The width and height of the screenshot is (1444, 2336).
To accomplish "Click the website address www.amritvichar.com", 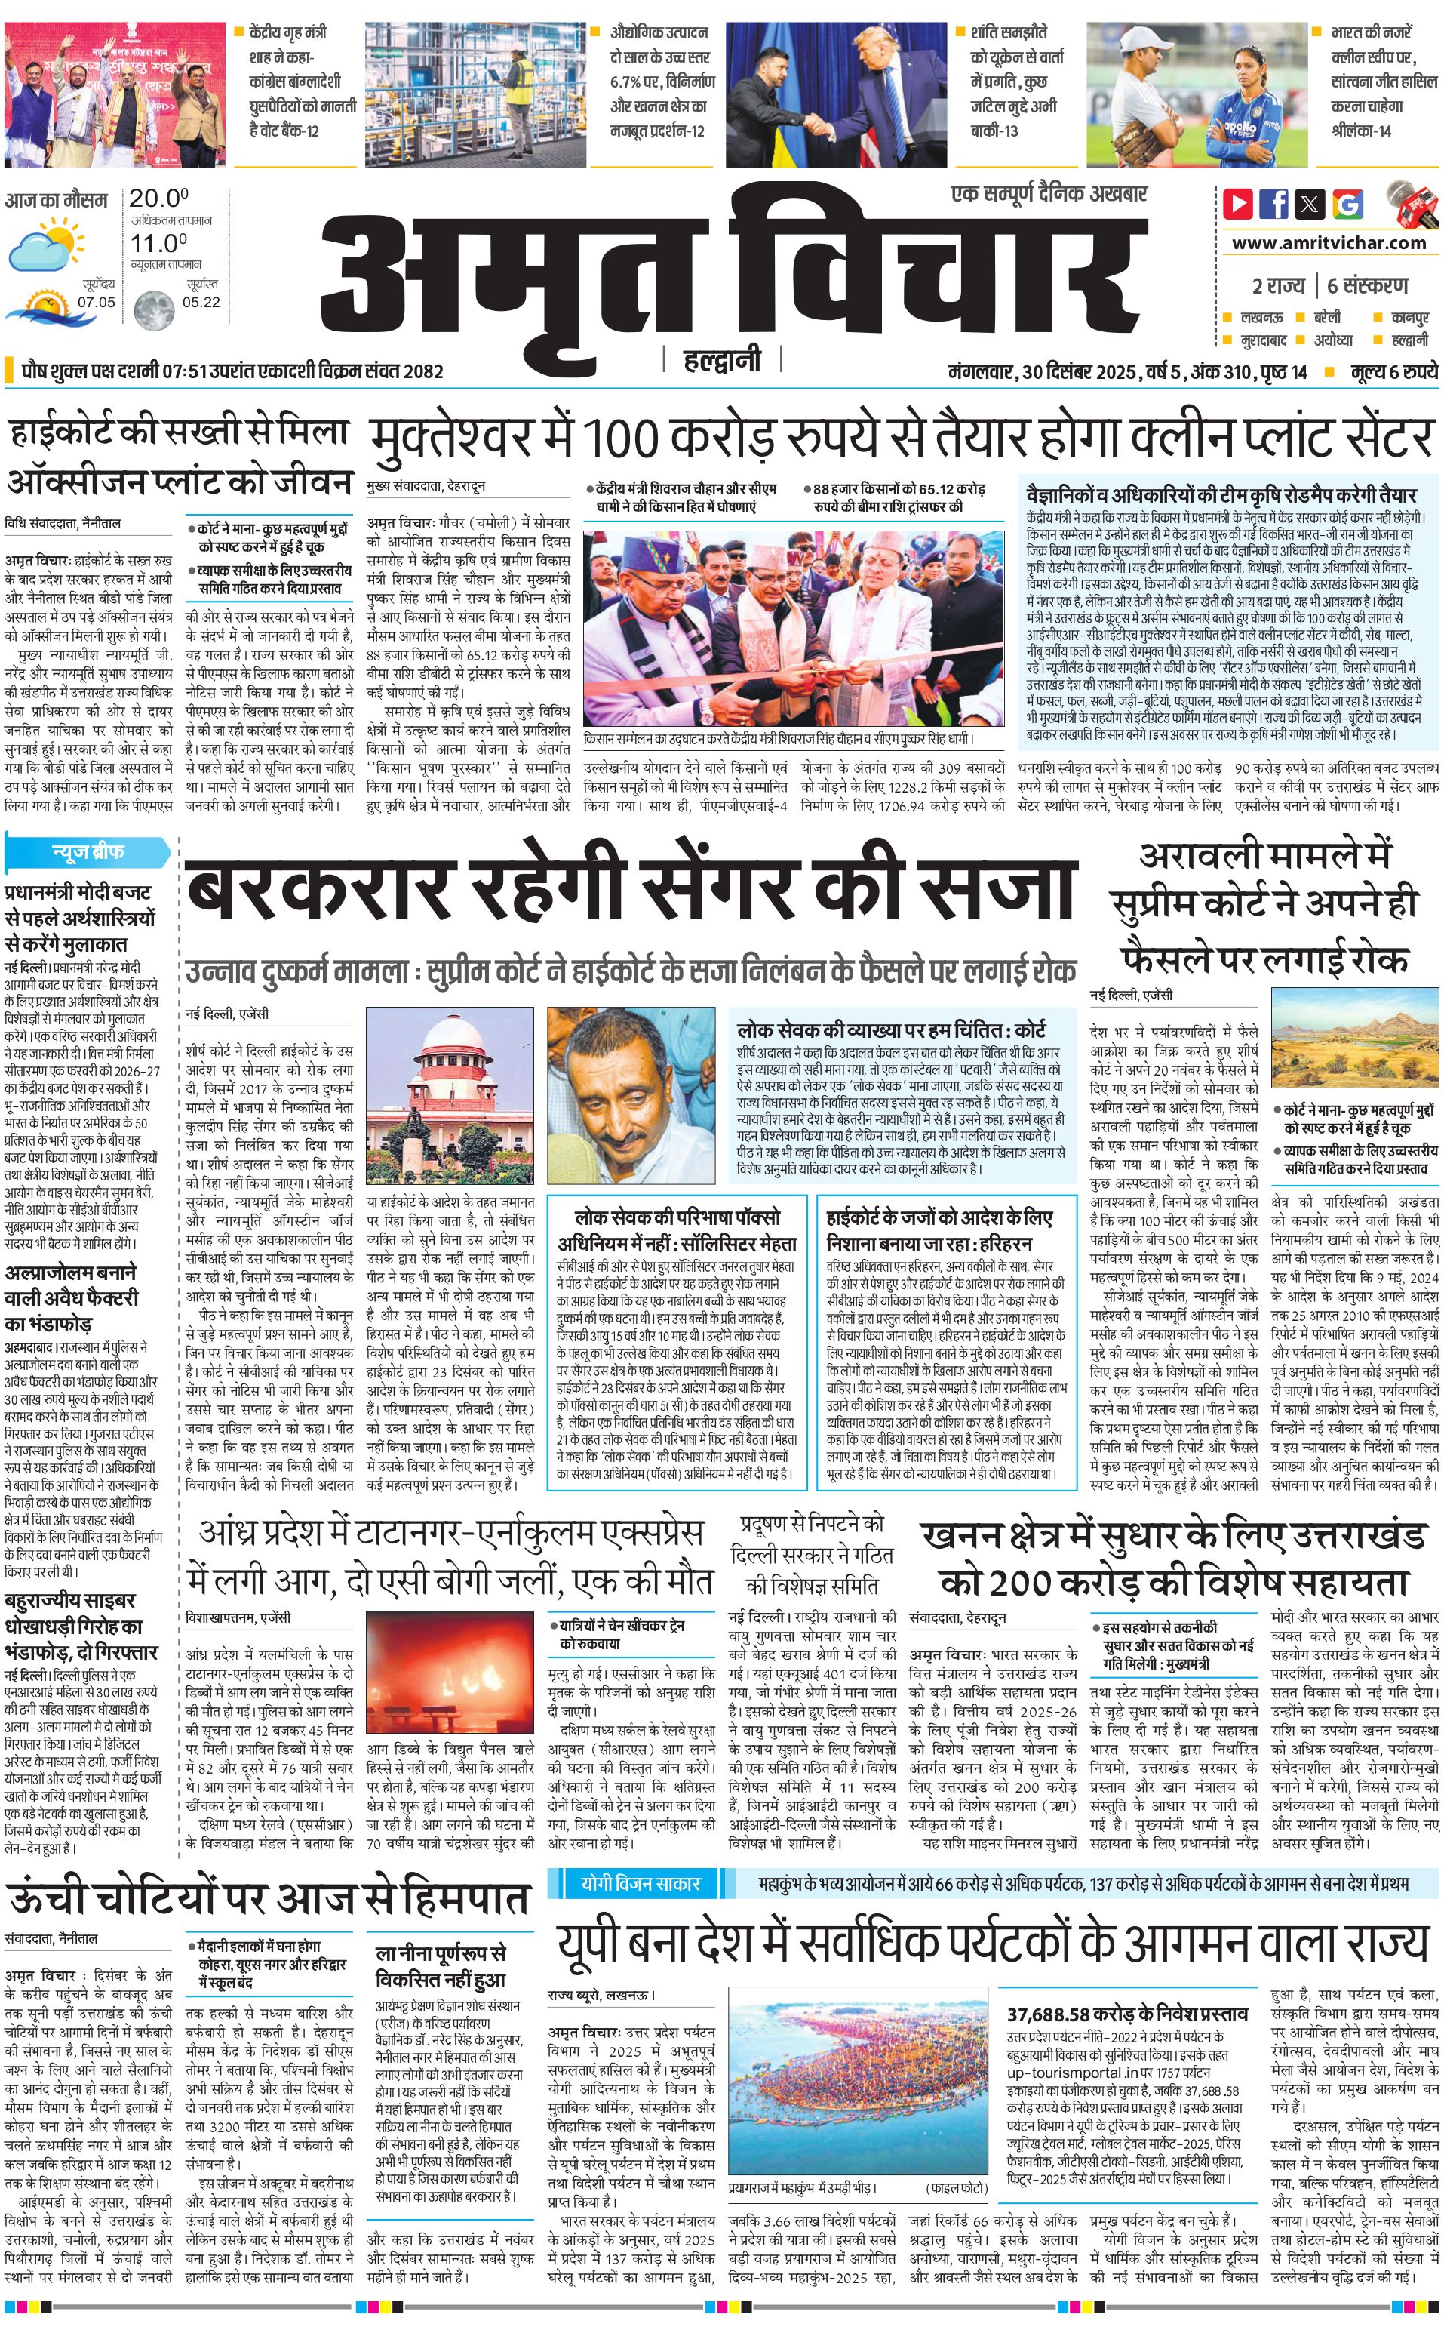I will click(1329, 243).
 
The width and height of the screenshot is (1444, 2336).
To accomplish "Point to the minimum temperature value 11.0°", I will click(158, 243).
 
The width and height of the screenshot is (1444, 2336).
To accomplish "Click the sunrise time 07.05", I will click(97, 302).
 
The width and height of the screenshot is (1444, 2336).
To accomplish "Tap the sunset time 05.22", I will click(201, 302).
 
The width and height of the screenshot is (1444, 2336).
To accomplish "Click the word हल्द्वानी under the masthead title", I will click(722, 360).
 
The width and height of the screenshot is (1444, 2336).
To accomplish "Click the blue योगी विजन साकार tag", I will click(640, 1857).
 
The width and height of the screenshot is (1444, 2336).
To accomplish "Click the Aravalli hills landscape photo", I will click(1355, 1045).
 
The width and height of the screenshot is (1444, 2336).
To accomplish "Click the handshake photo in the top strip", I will click(837, 94).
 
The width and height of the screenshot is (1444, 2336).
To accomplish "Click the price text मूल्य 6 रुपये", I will click(1393, 371).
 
